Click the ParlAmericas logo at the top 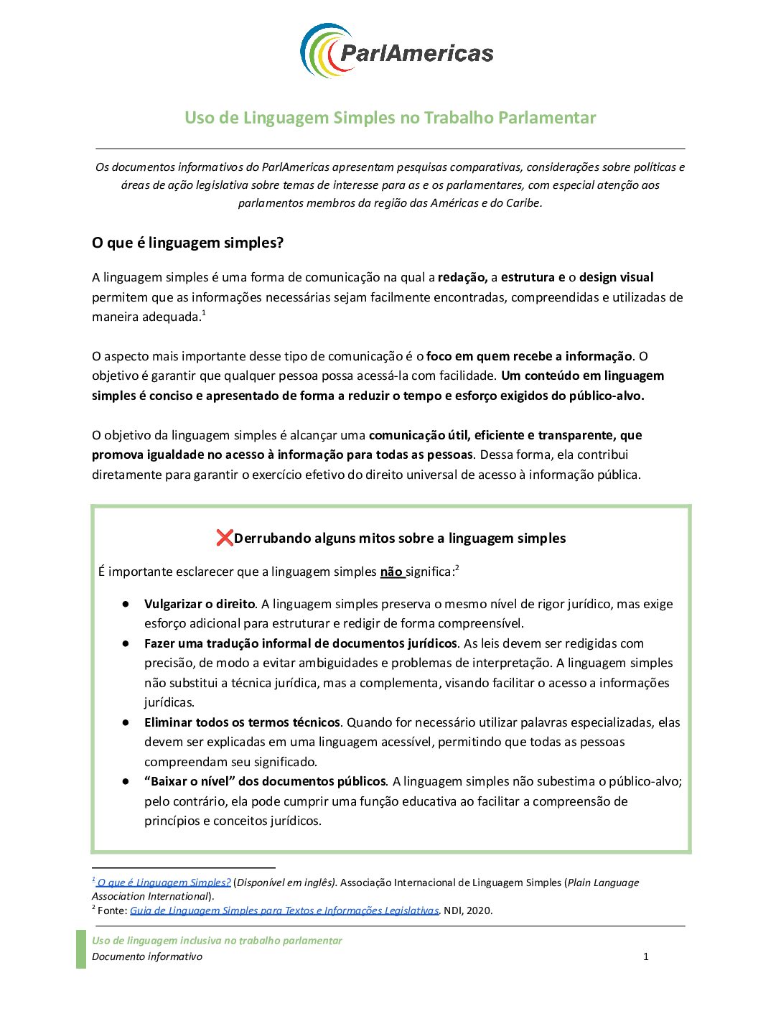point(396,51)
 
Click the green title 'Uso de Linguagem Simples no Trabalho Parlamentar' point(390,118)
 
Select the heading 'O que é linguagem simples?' point(187,243)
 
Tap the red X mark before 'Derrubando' point(225,538)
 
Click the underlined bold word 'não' point(391,572)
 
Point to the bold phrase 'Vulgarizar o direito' point(200,604)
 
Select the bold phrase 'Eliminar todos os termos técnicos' point(242,722)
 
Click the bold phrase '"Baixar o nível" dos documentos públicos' point(265,781)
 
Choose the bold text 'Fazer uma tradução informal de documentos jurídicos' point(301,643)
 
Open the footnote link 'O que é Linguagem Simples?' point(164,882)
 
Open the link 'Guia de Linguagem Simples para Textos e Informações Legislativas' point(284,910)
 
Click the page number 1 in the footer point(646,956)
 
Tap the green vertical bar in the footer point(81,949)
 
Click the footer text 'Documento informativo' point(147,956)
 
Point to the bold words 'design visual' point(616,277)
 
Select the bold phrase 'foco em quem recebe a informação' point(529,356)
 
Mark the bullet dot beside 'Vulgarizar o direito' point(126,604)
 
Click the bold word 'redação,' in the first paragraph point(462,277)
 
